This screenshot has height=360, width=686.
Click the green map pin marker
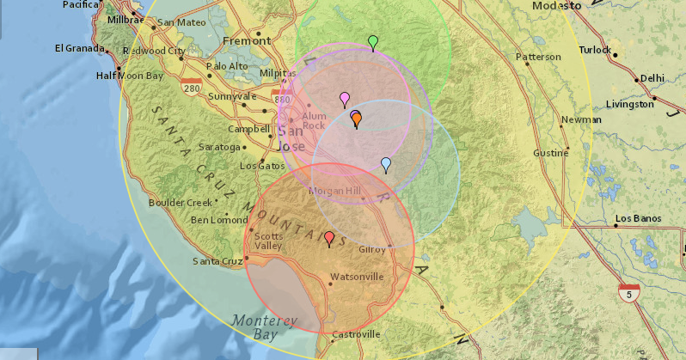(372, 41)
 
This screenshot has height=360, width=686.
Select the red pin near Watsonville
(328, 238)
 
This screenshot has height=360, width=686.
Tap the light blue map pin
(386, 164)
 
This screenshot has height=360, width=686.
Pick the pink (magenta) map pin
(345, 99)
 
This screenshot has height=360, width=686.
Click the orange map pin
(356, 119)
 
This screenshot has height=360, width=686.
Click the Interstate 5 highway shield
(630, 292)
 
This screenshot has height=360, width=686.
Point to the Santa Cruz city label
(217, 261)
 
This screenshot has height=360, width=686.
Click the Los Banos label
(636, 219)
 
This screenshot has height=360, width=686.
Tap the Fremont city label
(246, 40)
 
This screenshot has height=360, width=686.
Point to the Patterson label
(538, 57)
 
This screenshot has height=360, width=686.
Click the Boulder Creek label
(180, 203)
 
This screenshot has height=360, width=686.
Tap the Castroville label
(355, 334)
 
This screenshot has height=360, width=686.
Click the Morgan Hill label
(335, 191)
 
